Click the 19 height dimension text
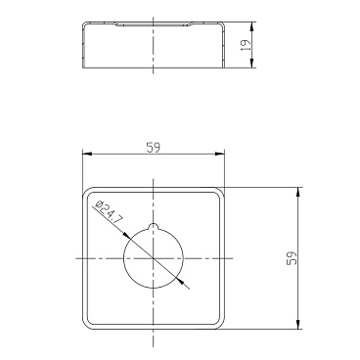pyautogui.click(x=246, y=45)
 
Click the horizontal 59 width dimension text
pyautogui.click(x=154, y=148)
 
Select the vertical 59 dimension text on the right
pyautogui.click(x=292, y=258)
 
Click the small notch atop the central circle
pyautogui.click(x=153, y=226)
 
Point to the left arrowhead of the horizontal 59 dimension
pyautogui.click(x=86, y=154)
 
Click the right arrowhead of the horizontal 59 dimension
pyautogui.click(x=221, y=154)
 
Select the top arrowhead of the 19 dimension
pyautogui.click(x=251, y=26)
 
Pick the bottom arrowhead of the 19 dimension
pyautogui.click(x=251, y=64)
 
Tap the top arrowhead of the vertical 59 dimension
pyautogui.click(x=297, y=192)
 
